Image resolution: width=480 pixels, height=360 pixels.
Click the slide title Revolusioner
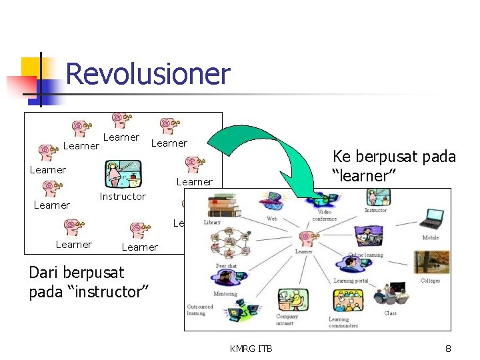tap(147, 74)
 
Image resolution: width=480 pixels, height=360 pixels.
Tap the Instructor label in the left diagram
tap(122, 197)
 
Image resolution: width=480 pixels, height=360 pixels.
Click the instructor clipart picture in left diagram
tap(123, 174)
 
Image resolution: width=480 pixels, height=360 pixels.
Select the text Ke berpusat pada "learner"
tap(394, 166)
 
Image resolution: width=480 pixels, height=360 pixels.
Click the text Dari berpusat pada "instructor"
tap(89, 282)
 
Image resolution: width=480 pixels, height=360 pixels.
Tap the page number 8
tap(449, 348)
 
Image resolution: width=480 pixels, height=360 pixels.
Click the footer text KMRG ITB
tap(251, 348)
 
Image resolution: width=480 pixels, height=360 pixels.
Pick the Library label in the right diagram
tap(212, 222)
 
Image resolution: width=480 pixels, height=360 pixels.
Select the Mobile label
tap(430, 238)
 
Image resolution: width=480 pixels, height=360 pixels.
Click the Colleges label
tap(430, 281)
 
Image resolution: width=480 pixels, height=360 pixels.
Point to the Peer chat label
tap(226, 266)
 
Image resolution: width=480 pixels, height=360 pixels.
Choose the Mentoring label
tap(225, 293)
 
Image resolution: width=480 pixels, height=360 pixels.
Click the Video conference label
tap(325, 216)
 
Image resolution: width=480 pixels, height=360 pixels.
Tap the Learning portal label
tap(351, 281)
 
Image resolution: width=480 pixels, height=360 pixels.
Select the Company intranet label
tap(287, 320)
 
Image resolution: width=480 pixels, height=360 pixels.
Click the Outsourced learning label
tap(200, 310)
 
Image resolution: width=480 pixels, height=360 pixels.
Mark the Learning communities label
tap(343, 323)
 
